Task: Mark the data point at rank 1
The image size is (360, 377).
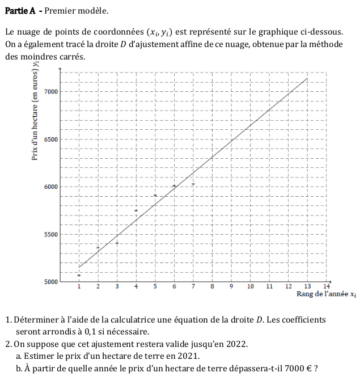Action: [x=79, y=276]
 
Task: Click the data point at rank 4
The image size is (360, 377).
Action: [x=136, y=211]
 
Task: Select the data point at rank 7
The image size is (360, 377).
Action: [x=193, y=184]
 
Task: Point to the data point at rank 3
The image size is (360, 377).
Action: [x=117, y=243]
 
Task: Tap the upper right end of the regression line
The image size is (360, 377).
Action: [x=307, y=78]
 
